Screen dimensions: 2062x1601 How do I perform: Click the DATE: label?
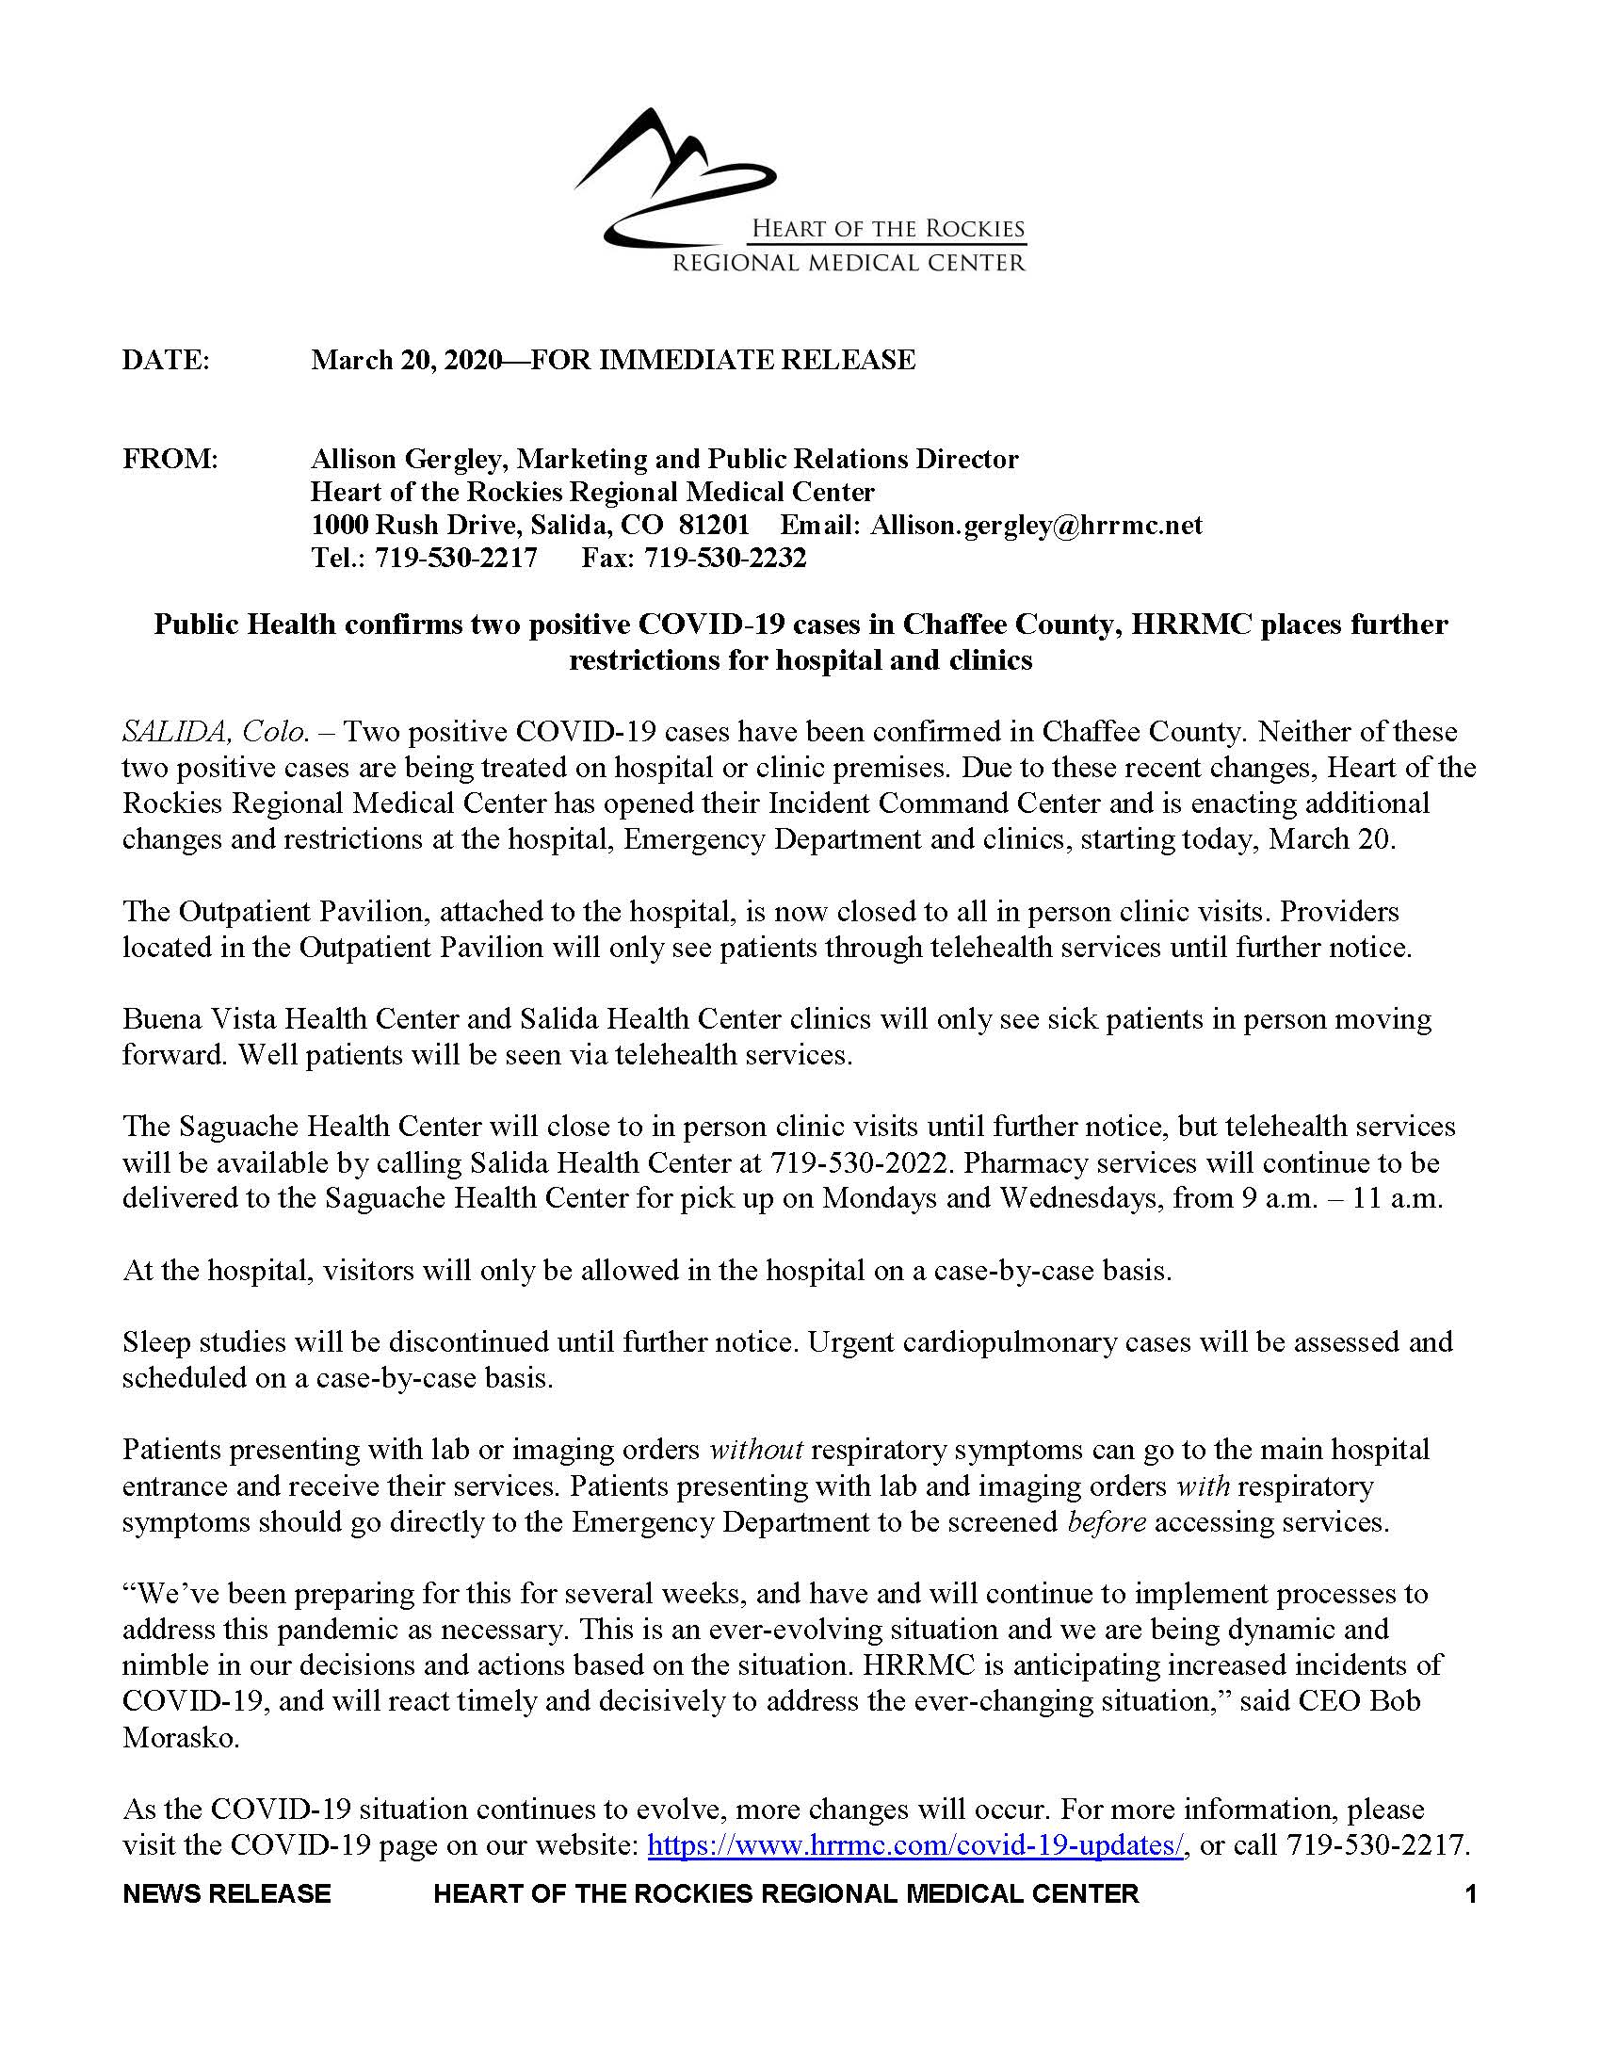pos(165,360)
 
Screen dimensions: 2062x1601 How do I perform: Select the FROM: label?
pos(170,460)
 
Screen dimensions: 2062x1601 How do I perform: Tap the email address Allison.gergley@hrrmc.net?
pos(1037,525)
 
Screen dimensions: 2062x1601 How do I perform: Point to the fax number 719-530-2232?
pos(725,558)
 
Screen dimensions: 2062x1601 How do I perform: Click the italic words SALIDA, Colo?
pos(216,732)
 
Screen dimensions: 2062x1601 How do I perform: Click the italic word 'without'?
pos(755,1450)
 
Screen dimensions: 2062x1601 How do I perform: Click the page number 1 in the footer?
pos(1470,1894)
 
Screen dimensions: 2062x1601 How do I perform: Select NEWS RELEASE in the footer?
pos(227,1894)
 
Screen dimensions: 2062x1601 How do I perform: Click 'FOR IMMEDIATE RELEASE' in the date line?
pos(722,360)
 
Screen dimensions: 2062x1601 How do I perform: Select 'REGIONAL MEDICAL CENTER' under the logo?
pos(848,263)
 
